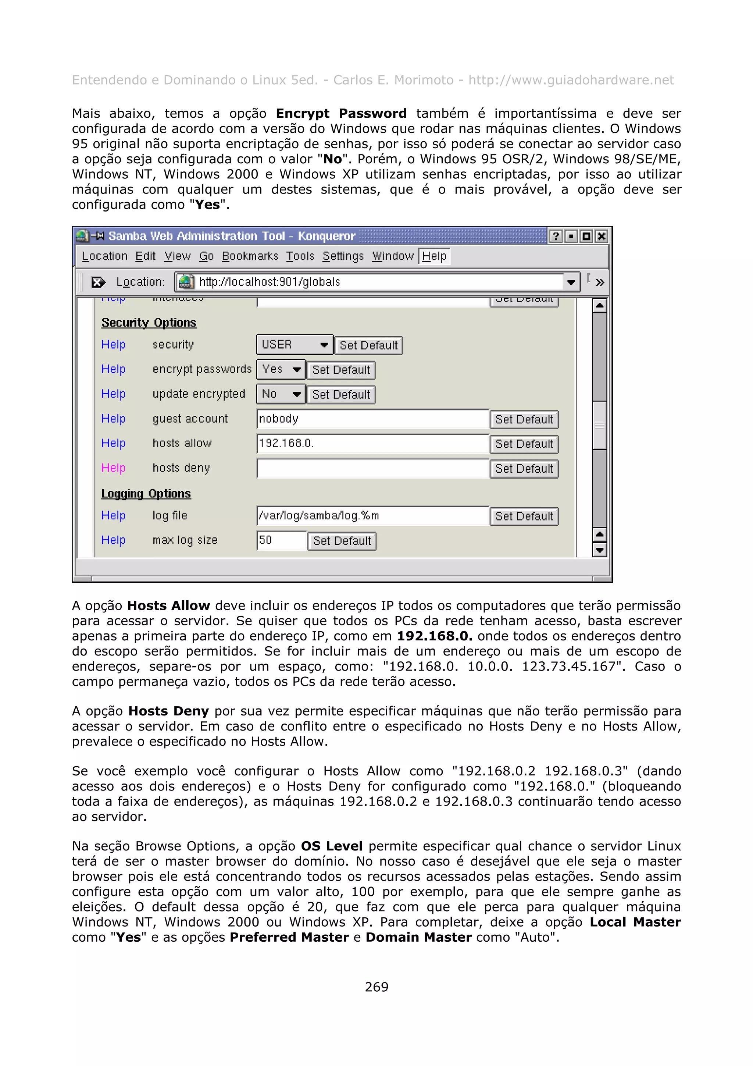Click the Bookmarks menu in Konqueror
pyautogui.click(x=250, y=256)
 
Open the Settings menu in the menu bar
pyautogui.click(x=343, y=256)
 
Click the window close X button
pyautogui.click(x=601, y=236)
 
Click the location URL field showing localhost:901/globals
pyautogui.click(x=371, y=282)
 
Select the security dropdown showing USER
pyautogui.click(x=294, y=345)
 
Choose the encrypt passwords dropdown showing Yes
pyautogui.click(x=281, y=370)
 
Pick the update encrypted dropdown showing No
pyautogui.click(x=281, y=394)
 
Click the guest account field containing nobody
pyautogui.click(x=372, y=419)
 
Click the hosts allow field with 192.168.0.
pyautogui.click(x=372, y=443)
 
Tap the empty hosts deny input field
pyautogui.click(x=372, y=468)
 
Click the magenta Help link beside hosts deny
pyautogui.click(x=113, y=468)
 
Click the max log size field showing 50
pyautogui.click(x=281, y=540)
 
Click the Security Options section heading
pyautogui.click(x=149, y=322)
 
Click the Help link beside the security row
pyautogui.click(x=113, y=345)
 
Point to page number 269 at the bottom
pyautogui.click(x=376, y=987)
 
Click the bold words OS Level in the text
pyautogui.click(x=331, y=846)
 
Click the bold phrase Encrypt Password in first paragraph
pyautogui.click(x=341, y=113)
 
